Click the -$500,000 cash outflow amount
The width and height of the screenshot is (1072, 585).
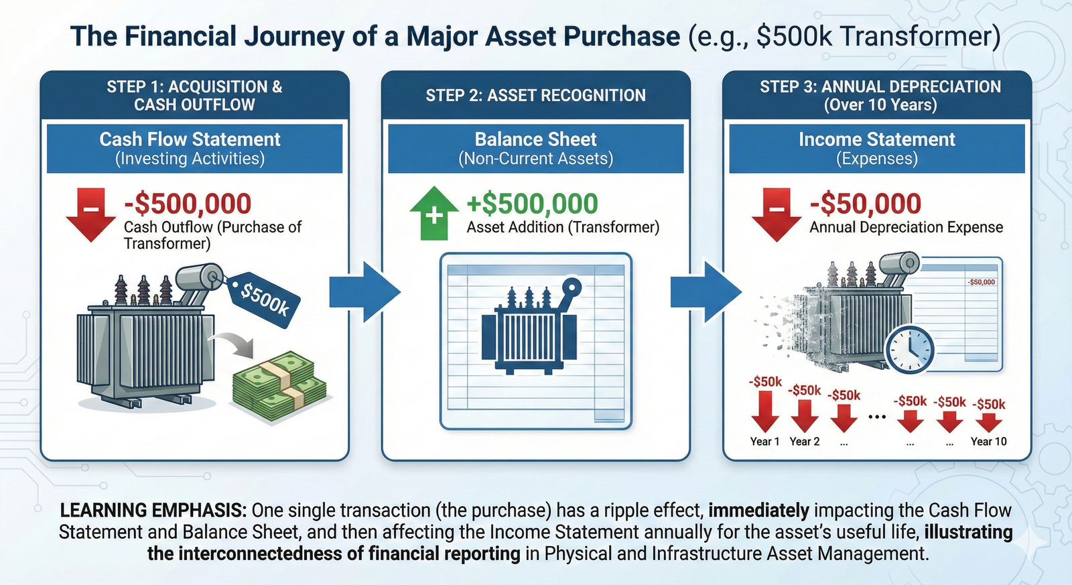[188, 204]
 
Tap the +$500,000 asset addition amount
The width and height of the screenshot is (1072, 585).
[532, 204]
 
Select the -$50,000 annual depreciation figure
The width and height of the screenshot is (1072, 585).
[866, 204]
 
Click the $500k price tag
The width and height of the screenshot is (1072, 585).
[265, 299]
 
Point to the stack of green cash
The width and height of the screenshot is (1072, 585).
[279, 385]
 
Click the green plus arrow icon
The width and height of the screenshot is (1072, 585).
[434, 213]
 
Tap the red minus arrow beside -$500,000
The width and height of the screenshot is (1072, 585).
[90, 213]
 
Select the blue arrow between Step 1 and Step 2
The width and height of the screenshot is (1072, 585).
[364, 291]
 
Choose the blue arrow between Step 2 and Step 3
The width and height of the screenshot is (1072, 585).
[706, 291]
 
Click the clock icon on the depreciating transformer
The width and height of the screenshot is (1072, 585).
[910, 349]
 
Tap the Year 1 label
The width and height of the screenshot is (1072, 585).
[764, 442]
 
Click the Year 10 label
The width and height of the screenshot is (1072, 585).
[988, 442]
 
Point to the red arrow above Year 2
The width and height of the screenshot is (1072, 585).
[805, 416]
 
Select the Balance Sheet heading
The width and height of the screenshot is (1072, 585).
[535, 139]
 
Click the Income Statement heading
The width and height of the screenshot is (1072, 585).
[876, 139]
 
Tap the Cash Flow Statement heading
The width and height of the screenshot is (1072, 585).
[190, 139]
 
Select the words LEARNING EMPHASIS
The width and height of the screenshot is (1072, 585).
[153, 511]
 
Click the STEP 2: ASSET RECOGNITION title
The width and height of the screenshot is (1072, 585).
[535, 95]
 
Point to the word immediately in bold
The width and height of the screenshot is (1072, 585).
[758, 511]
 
